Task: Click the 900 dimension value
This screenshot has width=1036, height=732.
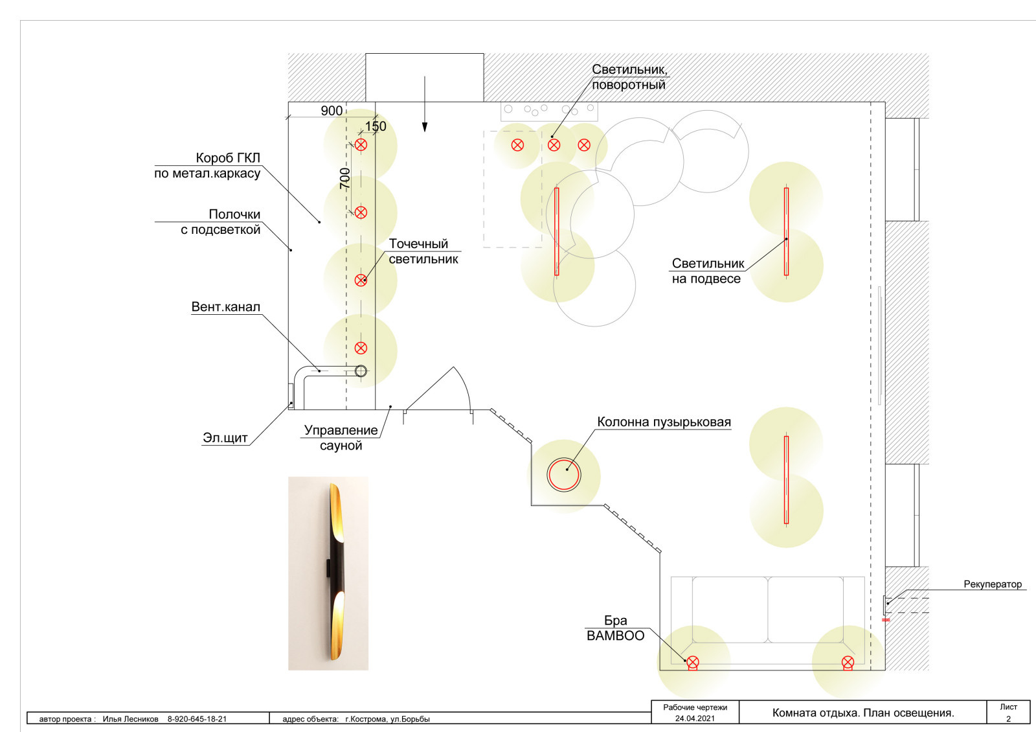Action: pyautogui.click(x=332, y=111)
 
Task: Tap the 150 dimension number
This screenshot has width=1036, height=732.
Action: pyautogui.click(x=376, y=126)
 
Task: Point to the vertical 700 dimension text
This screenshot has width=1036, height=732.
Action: pyautogui.click(x=345, y=179)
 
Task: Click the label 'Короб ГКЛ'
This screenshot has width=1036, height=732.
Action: pyautogui.click(x=228, y=158)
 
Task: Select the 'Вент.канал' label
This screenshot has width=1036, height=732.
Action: pyautogui.click(x=226, y=307)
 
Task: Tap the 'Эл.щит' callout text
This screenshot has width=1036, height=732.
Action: pyautogui.click(x=225, y=438)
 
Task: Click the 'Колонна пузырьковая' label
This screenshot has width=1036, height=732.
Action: pyautogui.click(x=664, y=422)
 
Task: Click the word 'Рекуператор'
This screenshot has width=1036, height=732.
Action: pyautogui.click(x=993, y=584)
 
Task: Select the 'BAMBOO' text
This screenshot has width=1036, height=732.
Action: pyautogui.click(x=616, y=635)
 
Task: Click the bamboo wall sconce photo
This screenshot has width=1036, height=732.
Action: pyautogui.click(x=328, y=573)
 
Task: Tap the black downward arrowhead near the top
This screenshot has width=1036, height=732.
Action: pyautogui.click(x=425, y=127)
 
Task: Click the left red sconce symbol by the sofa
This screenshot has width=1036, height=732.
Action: pyautogui.click(x=692, y=663)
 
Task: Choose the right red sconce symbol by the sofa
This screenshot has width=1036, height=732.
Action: pyautogui.click(x=848, y=663)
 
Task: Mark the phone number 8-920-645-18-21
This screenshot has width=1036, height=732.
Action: pyautogui.click(x=197, y=719)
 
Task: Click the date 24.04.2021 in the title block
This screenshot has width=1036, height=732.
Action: pyautogui.click(x=695, y=718)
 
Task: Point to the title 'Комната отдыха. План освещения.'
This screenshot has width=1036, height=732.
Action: pyautogui.click(x=863, y=713)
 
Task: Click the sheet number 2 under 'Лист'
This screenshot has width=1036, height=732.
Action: pyautogui.click(x=1008, y=719)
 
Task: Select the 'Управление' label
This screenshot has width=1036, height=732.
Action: pyautogui.click(x=341, y=430)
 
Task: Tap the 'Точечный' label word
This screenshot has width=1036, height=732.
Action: pyautogui.click(x=418, y=244)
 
